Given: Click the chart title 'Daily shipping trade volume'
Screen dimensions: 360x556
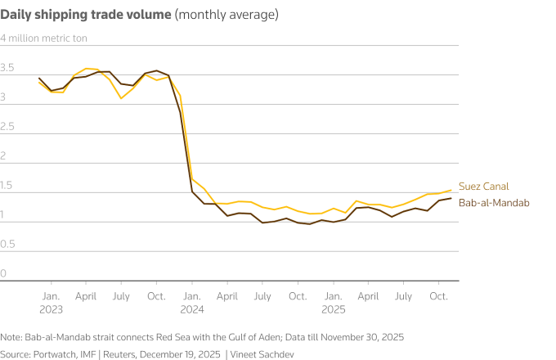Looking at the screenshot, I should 86,15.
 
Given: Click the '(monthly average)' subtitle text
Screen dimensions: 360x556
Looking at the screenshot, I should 226,15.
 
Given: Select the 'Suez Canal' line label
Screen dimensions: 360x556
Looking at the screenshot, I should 482,187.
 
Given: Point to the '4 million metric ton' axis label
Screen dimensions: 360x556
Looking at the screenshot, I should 43,38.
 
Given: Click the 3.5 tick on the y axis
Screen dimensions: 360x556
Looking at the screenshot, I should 7,68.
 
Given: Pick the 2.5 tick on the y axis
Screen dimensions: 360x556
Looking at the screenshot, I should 7,127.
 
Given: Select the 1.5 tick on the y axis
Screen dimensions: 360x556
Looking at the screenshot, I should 7,186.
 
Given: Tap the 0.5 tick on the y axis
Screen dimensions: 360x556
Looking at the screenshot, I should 7,245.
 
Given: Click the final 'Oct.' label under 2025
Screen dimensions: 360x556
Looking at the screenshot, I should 439,295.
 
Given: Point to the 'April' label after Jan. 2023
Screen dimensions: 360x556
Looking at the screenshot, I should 86,295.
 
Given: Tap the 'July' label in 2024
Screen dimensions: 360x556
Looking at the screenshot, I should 262,295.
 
